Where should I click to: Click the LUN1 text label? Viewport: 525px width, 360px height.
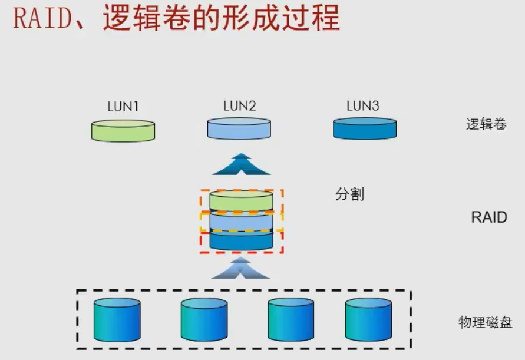(x=123, y=107)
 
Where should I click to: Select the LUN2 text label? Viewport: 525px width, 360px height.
(x=239, y=106)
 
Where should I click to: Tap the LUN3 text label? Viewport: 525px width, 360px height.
(x=362, y=106)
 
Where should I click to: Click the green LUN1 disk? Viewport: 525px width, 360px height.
(x=123, y=130)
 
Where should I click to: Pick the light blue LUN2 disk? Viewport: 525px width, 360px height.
(x=239, y=128)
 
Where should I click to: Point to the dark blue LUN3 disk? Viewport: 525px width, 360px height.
(x=365, y=128)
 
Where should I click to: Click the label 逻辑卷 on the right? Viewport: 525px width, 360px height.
(x=486, y=124)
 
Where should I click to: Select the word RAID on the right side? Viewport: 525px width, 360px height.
(x=488, y=217)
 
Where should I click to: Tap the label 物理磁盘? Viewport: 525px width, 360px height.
(x=485, y=323)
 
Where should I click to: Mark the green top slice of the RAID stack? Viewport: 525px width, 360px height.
(x=241, y=200)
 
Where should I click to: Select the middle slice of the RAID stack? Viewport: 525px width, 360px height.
(x=241, y=220)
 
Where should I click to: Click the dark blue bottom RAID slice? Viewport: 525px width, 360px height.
(x=241, y=239)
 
